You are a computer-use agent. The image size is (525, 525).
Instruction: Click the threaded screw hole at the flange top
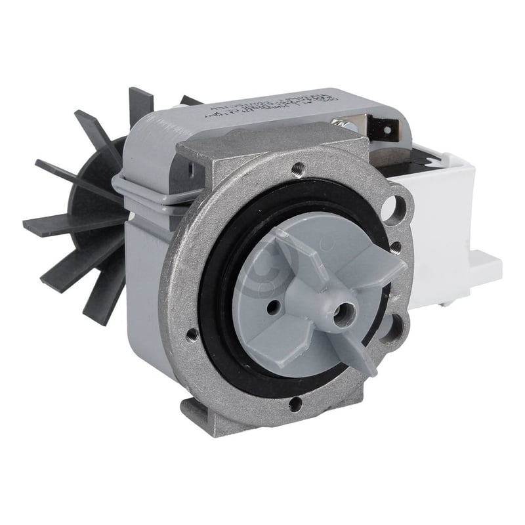tap(299, 167)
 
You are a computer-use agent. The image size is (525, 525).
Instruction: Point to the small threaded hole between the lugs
tap(396, 247)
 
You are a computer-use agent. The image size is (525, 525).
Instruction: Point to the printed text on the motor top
tap(262, 111)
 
